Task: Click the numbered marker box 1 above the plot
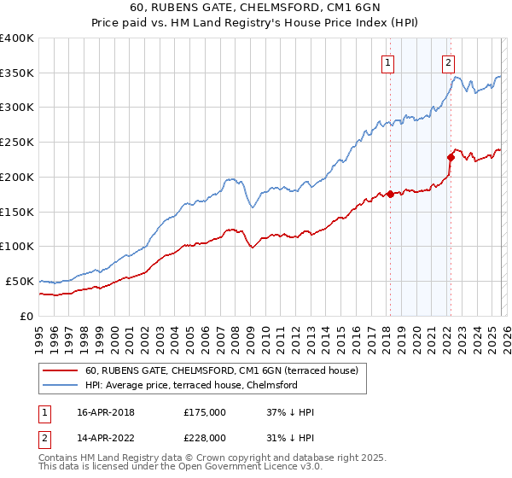388,61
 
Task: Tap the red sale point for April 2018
390,194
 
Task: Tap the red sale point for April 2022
450,157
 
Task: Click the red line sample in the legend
60,370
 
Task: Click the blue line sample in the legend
60,385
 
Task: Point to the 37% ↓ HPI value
290,412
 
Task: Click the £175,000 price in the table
205,412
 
